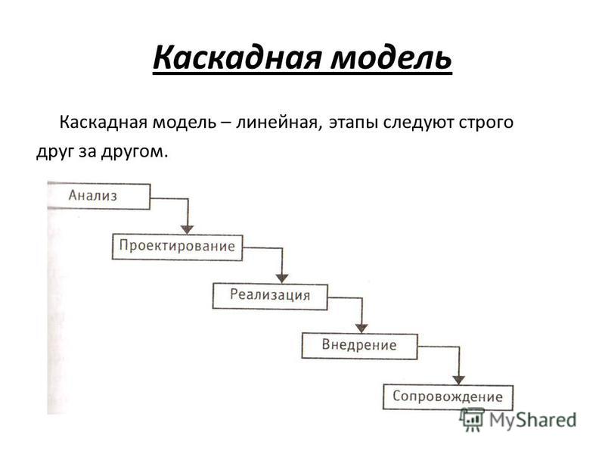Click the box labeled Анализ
coord(98,196)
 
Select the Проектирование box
coord(177,247)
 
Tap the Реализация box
coord(270,296)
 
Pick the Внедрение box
coord(359,346)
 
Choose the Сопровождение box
coord(448,396)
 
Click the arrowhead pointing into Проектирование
coord(187,229)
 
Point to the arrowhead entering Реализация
coord(282,278)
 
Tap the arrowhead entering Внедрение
coord(361,328)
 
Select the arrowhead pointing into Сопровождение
coord(458,380)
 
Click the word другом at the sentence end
coord(135,152)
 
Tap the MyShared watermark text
coord(533,420)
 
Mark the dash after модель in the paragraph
coord(226,123)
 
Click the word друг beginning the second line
coord(54,152)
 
